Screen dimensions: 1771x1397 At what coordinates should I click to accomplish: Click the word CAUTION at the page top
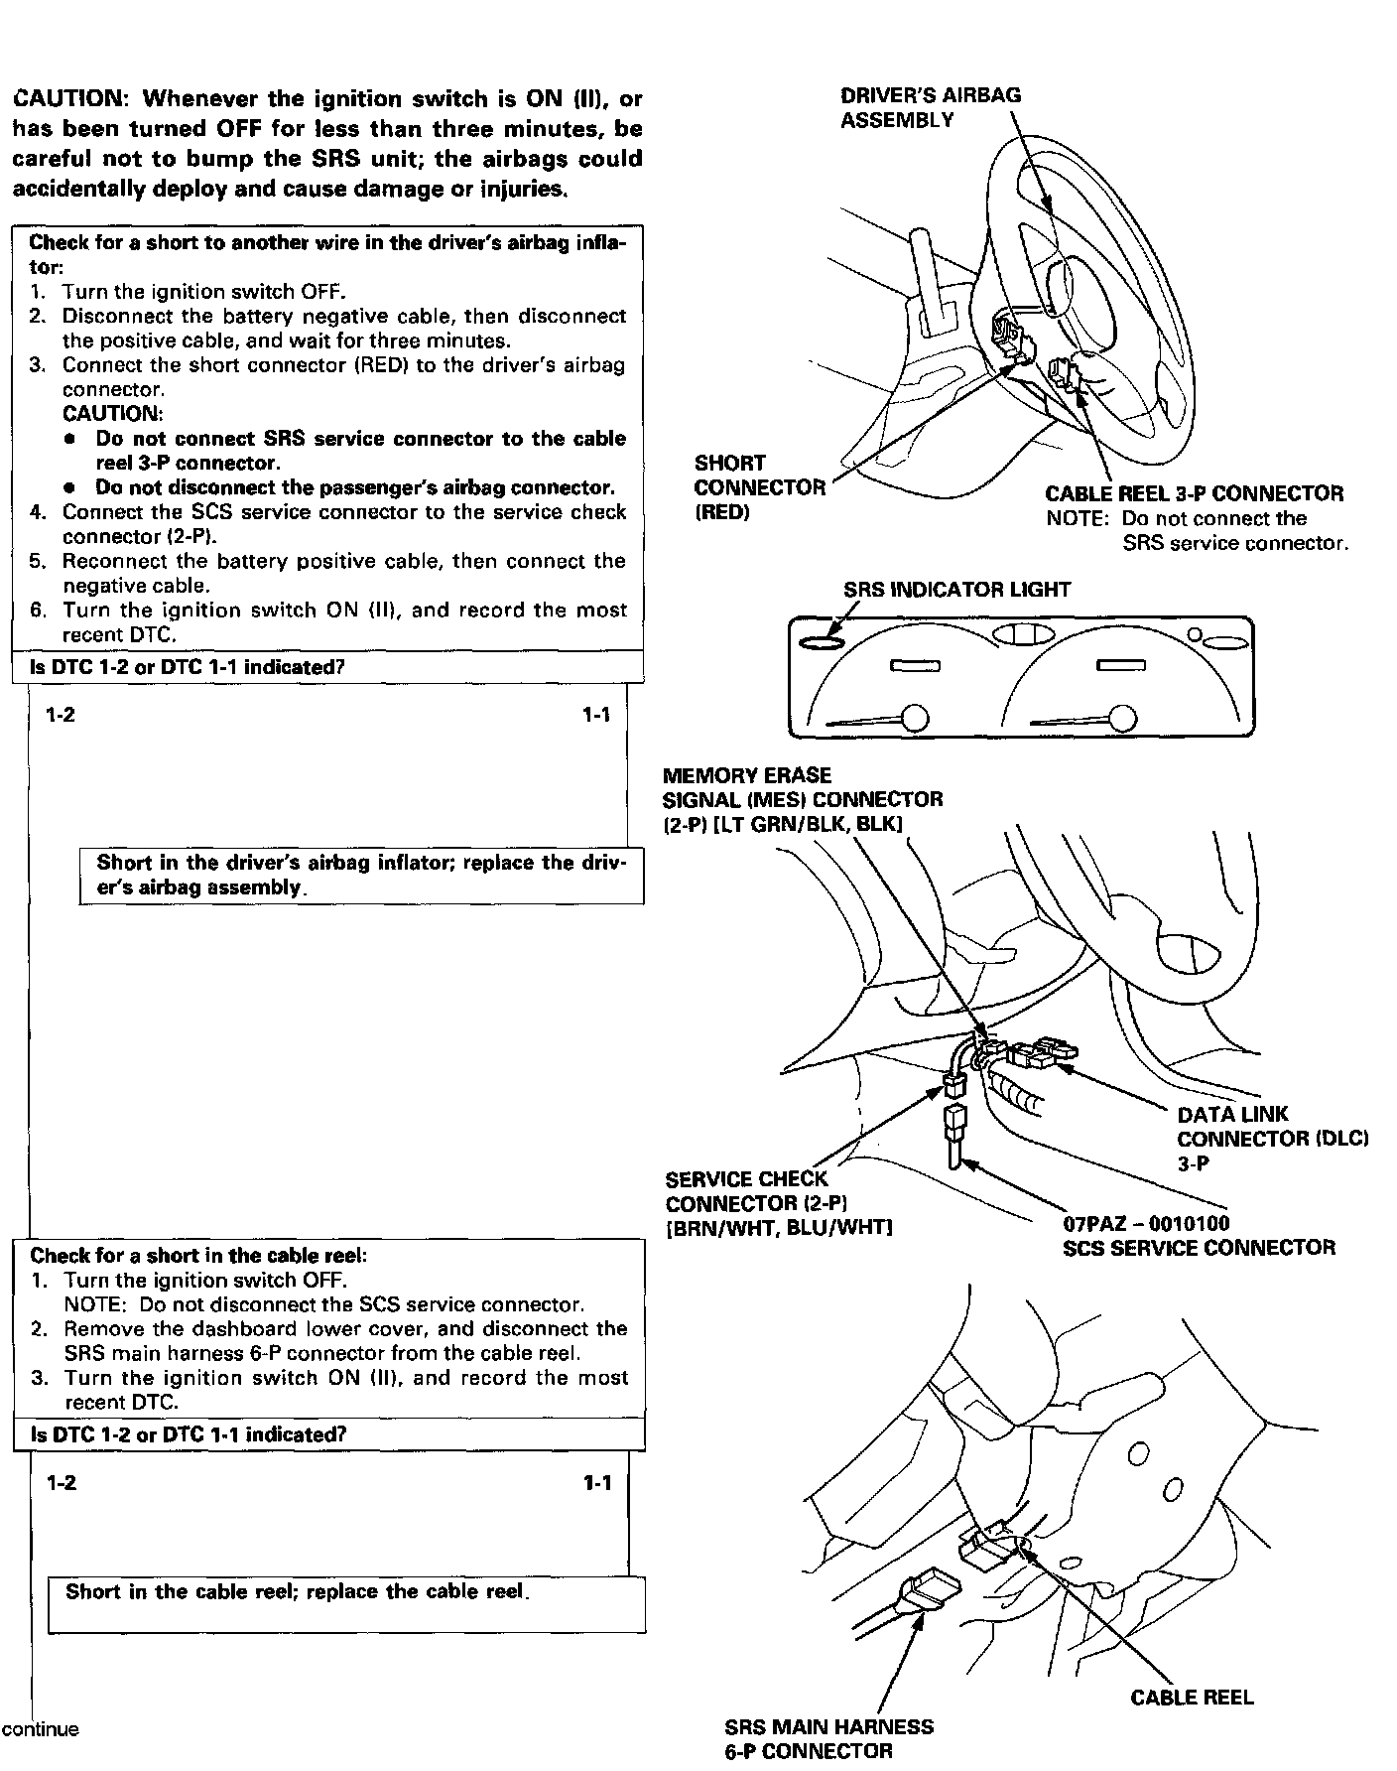click(67, 99)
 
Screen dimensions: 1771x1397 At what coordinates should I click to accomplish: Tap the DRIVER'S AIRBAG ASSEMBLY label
click(930, 107)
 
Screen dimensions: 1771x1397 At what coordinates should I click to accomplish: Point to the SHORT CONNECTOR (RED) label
click(759, 487)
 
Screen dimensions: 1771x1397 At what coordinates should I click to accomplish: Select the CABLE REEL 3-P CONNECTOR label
click(1194, 493)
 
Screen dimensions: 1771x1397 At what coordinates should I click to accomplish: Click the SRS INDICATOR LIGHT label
click(956, 590)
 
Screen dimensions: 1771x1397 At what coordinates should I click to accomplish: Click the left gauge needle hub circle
click(914, 717)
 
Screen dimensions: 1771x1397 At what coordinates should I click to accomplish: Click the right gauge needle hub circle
click(1122, 717)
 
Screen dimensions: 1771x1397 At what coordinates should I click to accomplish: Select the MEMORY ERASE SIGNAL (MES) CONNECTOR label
click(802, 799)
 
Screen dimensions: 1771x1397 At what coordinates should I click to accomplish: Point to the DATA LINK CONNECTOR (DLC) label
click(1272, 1138)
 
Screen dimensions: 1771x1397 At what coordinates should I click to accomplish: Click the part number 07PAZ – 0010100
click(1145, 1224)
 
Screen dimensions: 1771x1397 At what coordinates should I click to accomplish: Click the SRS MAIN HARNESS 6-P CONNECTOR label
click(828, 1738)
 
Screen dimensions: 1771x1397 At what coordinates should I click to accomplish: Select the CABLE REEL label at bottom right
click(1192, 1698)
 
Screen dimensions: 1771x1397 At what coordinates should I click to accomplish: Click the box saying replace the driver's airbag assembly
click(361, 875)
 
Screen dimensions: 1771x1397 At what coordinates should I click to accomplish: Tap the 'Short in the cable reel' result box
click(346, 1602)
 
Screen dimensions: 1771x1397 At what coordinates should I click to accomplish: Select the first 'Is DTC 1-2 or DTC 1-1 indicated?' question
click(187, 667)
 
